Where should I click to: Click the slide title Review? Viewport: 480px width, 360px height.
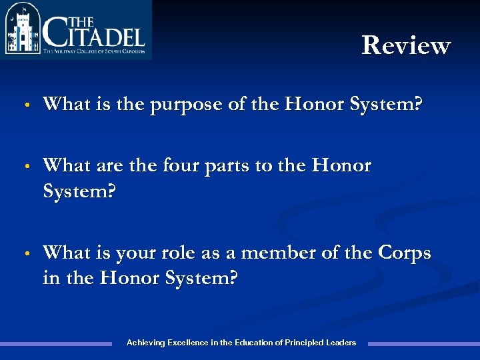[x=406, y=45]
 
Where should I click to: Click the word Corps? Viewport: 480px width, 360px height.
[x=404, y=254]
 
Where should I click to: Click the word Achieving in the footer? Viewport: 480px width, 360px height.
[x=145, y=343]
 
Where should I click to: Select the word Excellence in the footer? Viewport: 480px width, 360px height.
[x=187, y=343]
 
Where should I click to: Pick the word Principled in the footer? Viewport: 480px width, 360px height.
[x=303, y=343]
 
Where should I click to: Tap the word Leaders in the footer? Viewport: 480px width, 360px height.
[x=341, y=343]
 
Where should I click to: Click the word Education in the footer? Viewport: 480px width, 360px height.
[x=253, y=343]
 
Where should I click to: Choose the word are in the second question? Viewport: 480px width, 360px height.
[x=109, y=166]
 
